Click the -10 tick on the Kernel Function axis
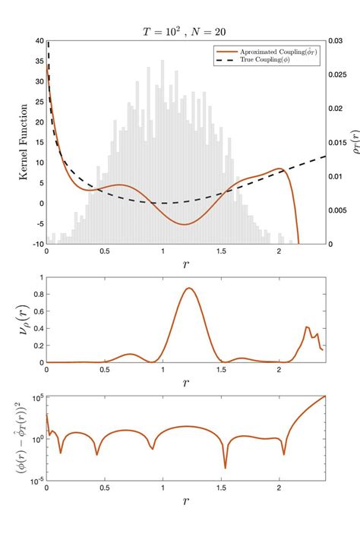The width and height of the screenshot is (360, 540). click(36, 244)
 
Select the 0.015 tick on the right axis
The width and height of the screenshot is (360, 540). click(342, 142)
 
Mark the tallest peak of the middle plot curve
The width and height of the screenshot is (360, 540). click(188, 288)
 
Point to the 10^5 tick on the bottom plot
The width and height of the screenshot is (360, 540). click(35, 396)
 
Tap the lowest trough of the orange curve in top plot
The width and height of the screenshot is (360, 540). click(185, 224)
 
